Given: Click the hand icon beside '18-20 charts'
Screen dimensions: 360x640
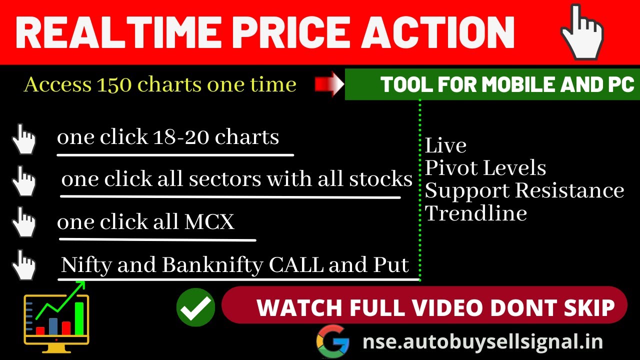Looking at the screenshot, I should pos(23,138).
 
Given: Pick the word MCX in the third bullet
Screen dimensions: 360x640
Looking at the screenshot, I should pos(209,221).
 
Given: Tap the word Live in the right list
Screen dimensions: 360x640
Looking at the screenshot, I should pos(445,145).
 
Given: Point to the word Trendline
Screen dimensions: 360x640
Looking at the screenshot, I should pos(476,213).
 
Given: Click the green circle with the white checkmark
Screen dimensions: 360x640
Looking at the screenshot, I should pos(195,307).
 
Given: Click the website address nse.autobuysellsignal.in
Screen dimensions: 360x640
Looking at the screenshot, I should pos(482,342).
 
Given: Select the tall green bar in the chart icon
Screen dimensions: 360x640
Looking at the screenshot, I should pos(79,318).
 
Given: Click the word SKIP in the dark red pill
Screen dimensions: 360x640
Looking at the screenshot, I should pos(589,307).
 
